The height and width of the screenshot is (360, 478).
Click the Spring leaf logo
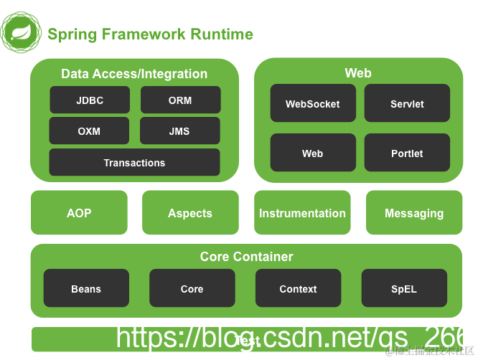[x=22, y=32]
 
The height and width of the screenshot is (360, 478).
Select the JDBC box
[x=90, y=100]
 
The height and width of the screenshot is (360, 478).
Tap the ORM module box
[x=180, y=100]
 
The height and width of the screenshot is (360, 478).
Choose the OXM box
[x=90, y=131]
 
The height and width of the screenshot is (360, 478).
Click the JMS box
[x=179, y=131]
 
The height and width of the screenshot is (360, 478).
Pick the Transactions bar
[x=134, y=163]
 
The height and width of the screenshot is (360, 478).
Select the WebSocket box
[x=312, y=104]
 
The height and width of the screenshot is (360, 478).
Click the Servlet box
[x=407, y=104]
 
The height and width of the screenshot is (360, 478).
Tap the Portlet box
[x=407, y=153]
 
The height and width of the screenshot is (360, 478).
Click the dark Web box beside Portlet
[x=312, y=153]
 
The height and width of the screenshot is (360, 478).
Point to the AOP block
[x=79, y=213]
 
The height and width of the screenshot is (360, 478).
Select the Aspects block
[x=190, y=213]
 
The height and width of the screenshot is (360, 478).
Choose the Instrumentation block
[x=302, y=213]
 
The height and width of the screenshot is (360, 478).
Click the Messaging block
[x=414, y=213]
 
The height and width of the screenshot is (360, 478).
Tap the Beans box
[x=86, y=289]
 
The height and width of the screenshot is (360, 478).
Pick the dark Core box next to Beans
[x=192, y=289]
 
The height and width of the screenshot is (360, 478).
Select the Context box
[x=298, y=289]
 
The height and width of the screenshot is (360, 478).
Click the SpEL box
[x=404, y=289]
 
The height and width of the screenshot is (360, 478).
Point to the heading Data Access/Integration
[x=134, y=74]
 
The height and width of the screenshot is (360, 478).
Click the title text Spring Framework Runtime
[x=150, y=34]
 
